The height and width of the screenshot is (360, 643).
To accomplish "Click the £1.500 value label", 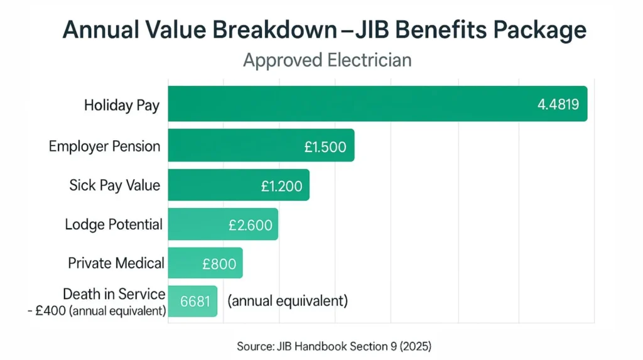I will point(325,146).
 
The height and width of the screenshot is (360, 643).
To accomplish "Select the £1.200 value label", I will point(281,186).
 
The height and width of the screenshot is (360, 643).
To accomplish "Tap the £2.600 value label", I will point(251,225).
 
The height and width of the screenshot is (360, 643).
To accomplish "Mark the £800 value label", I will point(219,264).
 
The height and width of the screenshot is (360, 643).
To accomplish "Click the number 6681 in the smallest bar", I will point(194,302).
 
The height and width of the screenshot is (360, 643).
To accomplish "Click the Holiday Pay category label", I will point(122,105).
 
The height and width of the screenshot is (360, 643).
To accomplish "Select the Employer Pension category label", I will point(104,146).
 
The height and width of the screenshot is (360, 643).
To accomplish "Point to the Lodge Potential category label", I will point(114,224).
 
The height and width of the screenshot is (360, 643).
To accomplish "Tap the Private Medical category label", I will point(116,263).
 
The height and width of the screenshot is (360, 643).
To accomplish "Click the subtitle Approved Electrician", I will point(327,60).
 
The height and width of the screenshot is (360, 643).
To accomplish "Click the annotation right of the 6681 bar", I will point(288,301).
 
